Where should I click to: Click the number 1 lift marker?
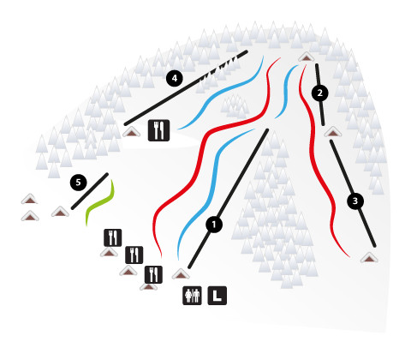(x=214, y=225)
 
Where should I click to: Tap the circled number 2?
(x=319, y=93)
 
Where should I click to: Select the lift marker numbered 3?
(x=355, y=201)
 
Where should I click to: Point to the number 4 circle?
(x=175, y=78)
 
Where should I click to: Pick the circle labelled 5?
(x=79, y=183)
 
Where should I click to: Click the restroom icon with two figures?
(x=192, y=296)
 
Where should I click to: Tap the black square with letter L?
(x=217, y=296)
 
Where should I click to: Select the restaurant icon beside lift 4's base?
(x=158, y=130)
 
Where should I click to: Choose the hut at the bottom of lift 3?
(x=369, y=258)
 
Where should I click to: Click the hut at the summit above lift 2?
(x=307, y=57)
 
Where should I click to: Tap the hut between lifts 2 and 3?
(x=333, y=132)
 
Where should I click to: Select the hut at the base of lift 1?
(x=181, y=273)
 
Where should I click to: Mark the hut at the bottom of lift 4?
(x=132, y=132)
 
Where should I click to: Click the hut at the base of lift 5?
(x=60, y=212)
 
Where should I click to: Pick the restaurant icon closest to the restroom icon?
(x=153, y=274)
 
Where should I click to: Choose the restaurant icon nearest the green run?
(x=113, y=237)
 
